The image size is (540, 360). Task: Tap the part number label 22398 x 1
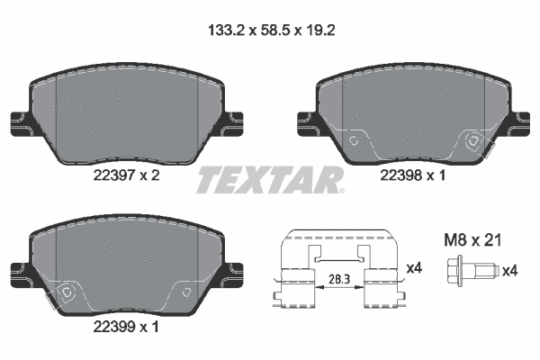click(x=414, y=178)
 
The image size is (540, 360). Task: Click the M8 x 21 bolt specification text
click(x=472, y=240)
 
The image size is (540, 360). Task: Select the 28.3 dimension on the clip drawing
click(x=340, y=280)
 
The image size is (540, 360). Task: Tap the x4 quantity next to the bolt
click(x=509, y=269)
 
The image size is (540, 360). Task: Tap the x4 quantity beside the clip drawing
click(x=414, y=267)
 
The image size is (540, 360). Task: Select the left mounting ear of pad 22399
click(x=17, y=269)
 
